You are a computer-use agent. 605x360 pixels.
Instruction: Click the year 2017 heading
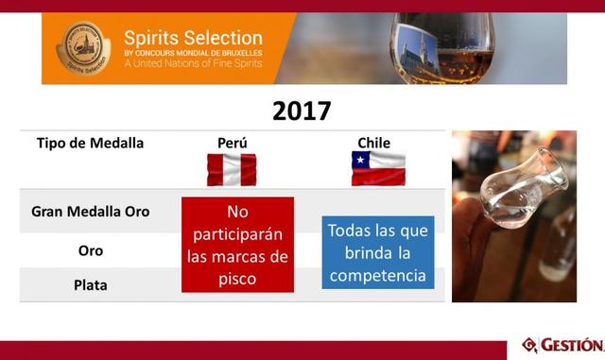302,111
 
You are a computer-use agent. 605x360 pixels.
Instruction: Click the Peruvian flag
232,170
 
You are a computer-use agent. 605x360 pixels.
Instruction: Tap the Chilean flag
378,169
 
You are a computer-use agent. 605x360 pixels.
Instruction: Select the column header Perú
232,143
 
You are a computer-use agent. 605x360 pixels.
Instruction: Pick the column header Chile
373,143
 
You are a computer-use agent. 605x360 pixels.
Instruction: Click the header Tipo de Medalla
90,143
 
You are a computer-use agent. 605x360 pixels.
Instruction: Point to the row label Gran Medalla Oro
90,211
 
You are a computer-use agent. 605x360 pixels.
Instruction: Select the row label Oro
90,250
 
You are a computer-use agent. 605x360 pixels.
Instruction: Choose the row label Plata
90,284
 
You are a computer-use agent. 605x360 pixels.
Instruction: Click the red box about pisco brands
237,244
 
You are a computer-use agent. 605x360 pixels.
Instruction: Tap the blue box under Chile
378,252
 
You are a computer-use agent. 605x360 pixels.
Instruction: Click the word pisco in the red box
237,279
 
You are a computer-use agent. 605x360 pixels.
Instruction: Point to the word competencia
378,277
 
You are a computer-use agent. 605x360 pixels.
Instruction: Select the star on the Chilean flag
359,163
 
